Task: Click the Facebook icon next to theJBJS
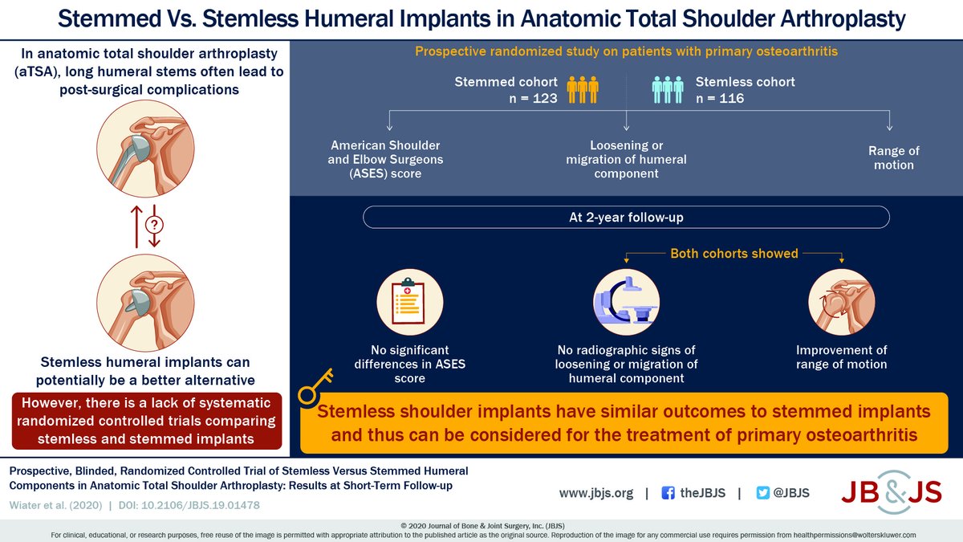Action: [x=668, y=494]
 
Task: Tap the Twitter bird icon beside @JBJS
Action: [x=764, y=494]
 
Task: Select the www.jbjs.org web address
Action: [x=595, y=494]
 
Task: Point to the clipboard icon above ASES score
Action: [x=410, y=301]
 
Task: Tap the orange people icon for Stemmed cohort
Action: [x=583, y=89]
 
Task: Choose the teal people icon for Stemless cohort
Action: [x=668, y=89]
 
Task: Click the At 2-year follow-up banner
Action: [x=626, y=218]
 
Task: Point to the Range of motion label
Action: [x=893, y=157]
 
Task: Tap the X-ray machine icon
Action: [x=626, y=301]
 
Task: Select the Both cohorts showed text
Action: [x=734, y=254]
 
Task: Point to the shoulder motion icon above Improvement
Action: [x=842, y=301]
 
